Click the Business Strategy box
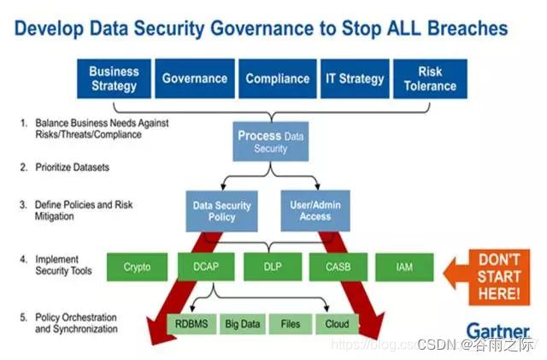(113, 79)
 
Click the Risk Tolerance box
(430, 79)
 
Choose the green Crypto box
(137, 267)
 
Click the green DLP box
(272, 267)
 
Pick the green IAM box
(405, 267)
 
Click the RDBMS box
(191, 324)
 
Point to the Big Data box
(242, 324)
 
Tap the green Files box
(291, 324)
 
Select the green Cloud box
(336, 324)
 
